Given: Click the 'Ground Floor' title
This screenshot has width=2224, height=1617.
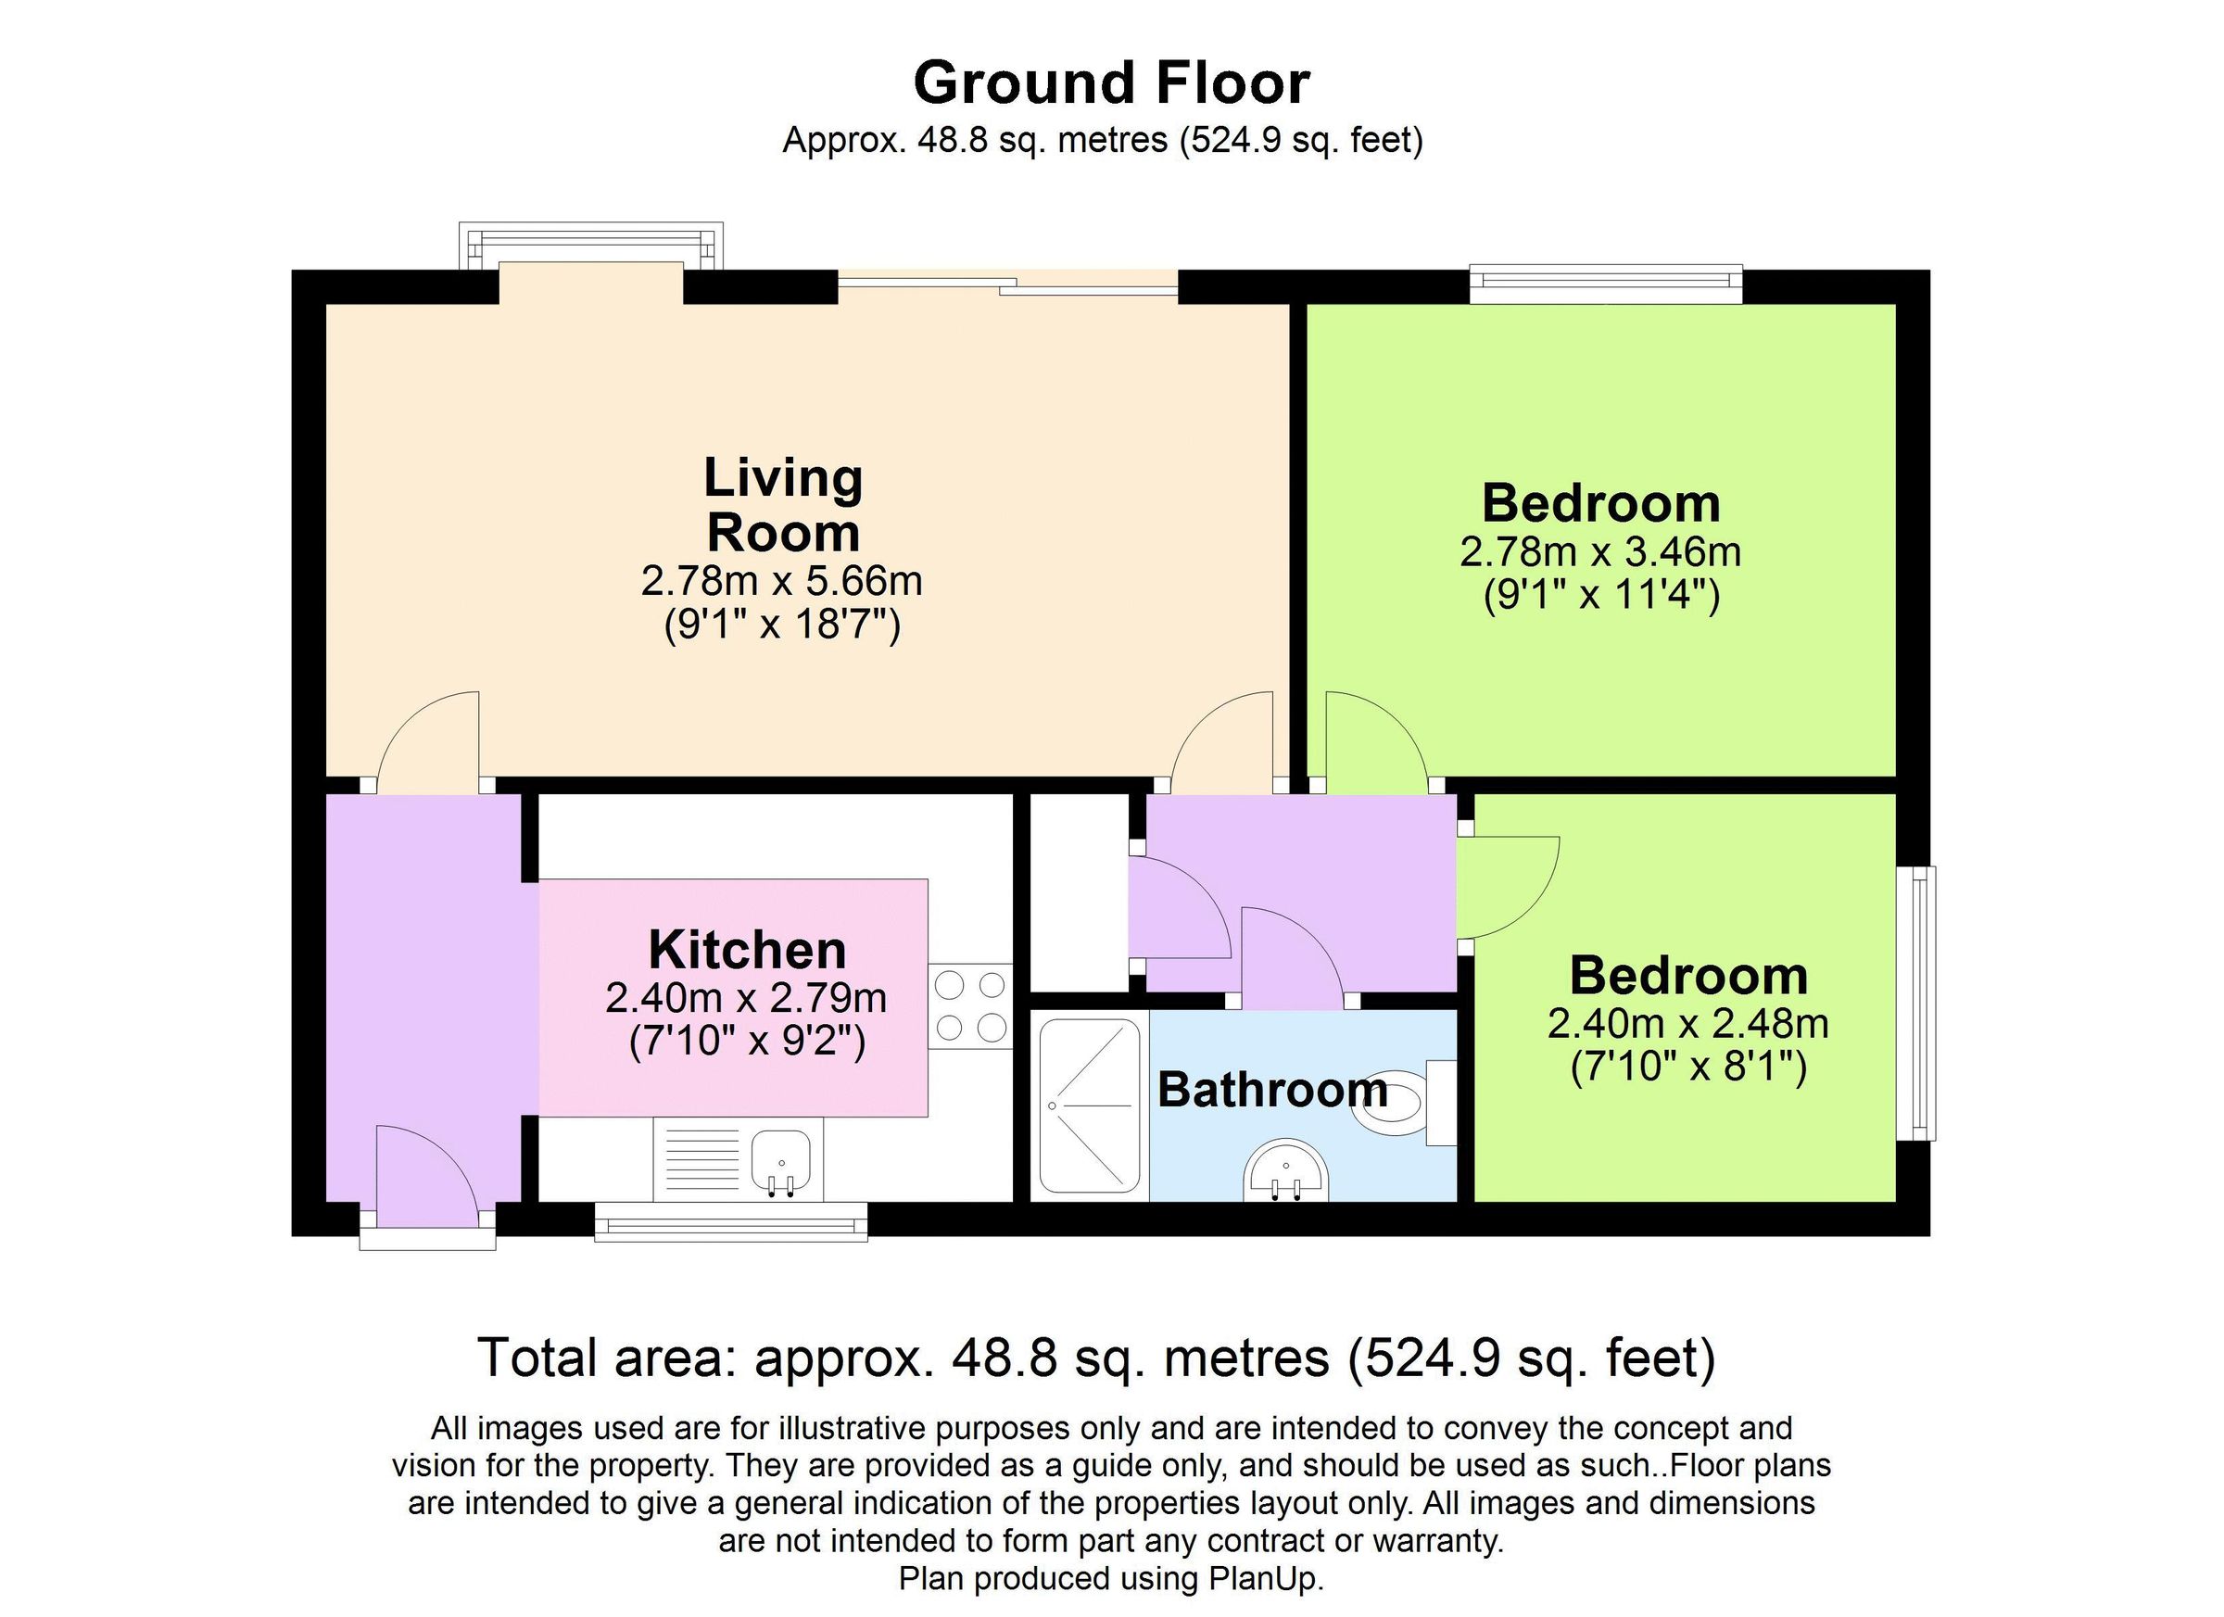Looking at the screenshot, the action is (1111, 82).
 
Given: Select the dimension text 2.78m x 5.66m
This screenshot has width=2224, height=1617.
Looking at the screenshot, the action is (781, 580).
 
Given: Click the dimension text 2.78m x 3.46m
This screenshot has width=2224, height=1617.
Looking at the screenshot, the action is (1600, 551).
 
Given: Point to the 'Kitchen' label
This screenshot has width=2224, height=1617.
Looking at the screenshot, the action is (747, 949).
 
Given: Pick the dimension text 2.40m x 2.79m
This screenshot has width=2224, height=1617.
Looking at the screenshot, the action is (746, 998).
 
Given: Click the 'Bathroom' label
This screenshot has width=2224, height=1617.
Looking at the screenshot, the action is (1271, 1090).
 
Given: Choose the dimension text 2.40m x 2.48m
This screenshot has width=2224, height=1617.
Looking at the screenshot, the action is (1687, 1024).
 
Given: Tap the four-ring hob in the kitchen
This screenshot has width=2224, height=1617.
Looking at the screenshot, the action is (971, 1005).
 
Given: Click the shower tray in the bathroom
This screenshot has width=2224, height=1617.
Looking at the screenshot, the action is (1090, 1105).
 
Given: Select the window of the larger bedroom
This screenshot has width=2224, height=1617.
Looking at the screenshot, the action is (1605, 284).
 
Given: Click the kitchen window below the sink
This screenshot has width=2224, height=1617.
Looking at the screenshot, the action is (731, 1223).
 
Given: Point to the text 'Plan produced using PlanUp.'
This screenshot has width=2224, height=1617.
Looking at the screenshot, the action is (1111, 1579).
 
